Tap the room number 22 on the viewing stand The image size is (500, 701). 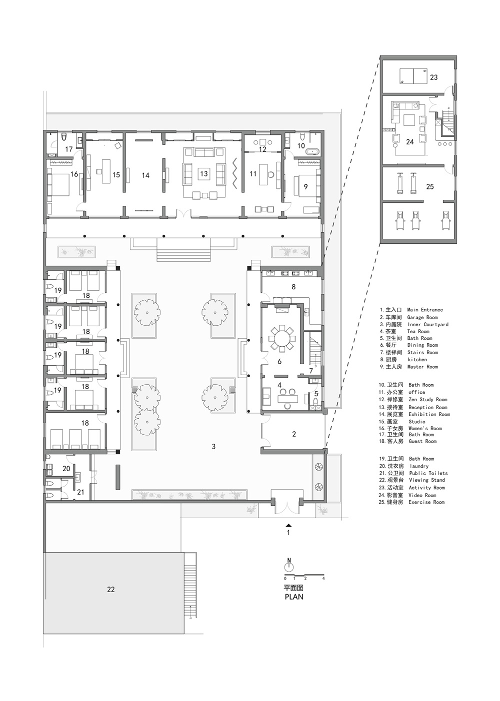coord(111,589)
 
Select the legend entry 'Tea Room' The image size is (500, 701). coord(418,331)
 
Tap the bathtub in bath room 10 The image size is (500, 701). coord(313,152)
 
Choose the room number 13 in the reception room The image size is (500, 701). coord(204,173)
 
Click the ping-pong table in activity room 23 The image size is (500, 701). coord(413,76)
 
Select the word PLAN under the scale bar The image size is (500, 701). coord(293,597)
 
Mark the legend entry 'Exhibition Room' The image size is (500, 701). coord(429,414)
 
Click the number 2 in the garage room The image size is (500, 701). coord(293,434)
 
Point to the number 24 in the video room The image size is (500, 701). coord(410,142)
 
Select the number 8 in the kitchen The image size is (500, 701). coord(293,286)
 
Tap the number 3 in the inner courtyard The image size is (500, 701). coord(213,447)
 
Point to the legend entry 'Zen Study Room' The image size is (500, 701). coord(427,399)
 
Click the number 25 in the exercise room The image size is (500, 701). coord(430,186)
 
